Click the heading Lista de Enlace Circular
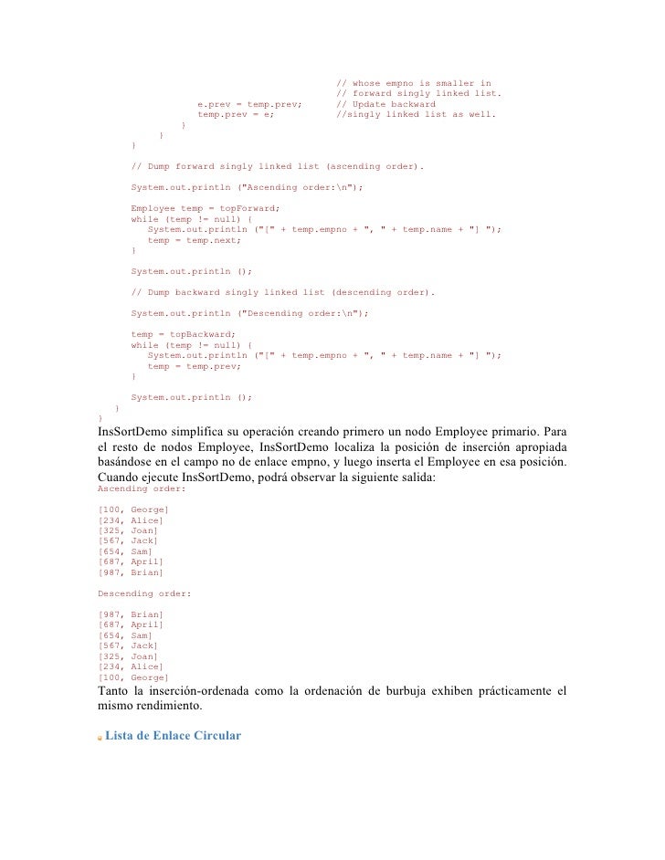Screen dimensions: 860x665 tap(173, 736)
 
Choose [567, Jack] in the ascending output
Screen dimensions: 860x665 tap(127, 540)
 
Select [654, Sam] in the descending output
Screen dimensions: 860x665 tap(124, 635)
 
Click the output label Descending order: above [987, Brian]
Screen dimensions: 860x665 tap(143, 593)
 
